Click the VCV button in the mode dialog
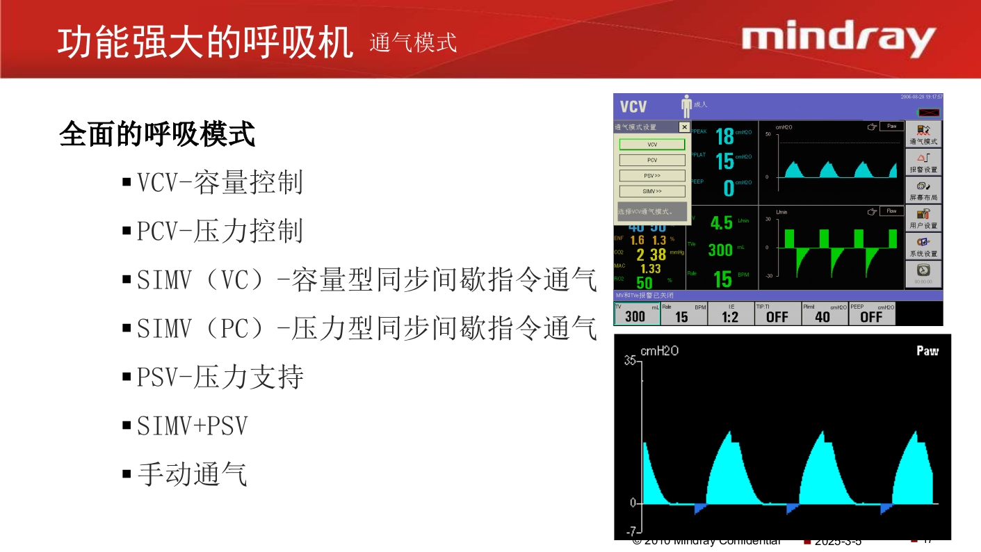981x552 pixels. pos(652,145)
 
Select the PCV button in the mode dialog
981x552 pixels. pos(652,160)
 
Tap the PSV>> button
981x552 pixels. pos(652,176)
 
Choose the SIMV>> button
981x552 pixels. pos(652,191)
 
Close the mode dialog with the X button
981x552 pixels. pos(684,127)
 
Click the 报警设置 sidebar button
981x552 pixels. pos(923,163)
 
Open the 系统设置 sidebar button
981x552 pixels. pos(923,247)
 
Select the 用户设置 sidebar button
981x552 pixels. pos(923,219)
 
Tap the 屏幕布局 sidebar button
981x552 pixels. pos(923,190)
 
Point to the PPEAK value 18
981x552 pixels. pos(724,137)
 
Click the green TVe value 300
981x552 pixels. pos(720,250)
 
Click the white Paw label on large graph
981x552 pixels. pos(927,351)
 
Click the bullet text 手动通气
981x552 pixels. pos(192,474)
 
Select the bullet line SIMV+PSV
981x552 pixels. pos(192,426)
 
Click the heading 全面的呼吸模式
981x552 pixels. pos(157,134)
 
